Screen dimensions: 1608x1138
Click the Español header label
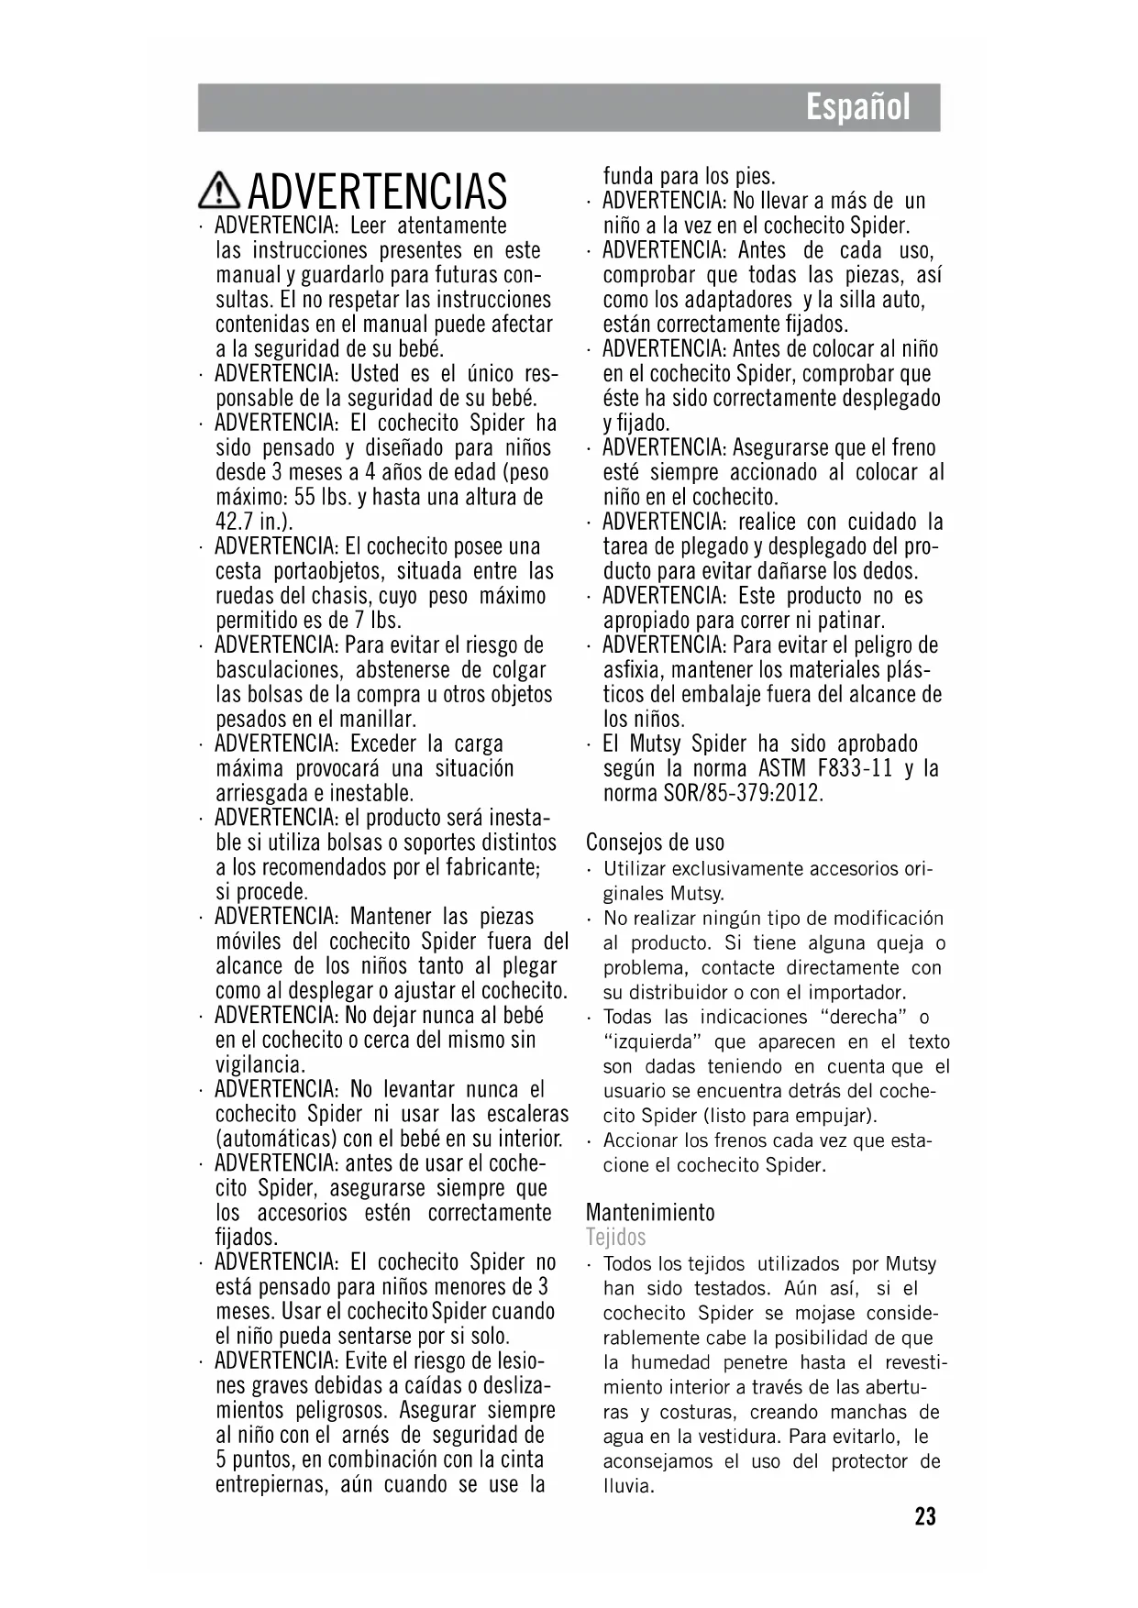tap(858, 108)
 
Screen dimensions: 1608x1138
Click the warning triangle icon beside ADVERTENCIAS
tap(218, 191)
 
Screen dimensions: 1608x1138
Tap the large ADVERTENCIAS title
tap(377, 192)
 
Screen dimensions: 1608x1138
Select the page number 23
tap(925, 1516)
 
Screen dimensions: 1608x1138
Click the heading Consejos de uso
tap(655, 842)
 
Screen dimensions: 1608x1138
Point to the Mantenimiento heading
tap(650, 1212)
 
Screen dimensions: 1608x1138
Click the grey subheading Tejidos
tap(615, 1237)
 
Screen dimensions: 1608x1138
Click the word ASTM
tap(780, 768)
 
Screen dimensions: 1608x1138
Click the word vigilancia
tap(260, 1064)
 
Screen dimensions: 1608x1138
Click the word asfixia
tap(633, 670)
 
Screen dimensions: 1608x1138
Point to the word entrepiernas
tap(271, 1484)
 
